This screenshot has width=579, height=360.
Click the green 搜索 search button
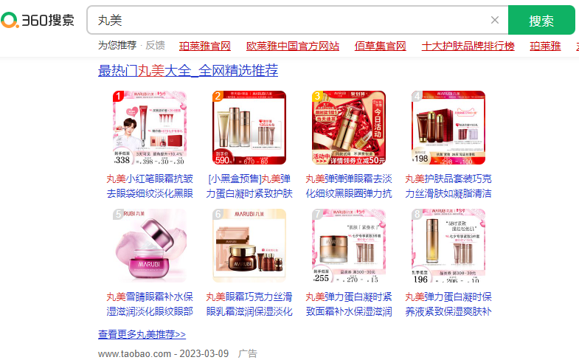(x=541, y=20)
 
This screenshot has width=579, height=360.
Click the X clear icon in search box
(x=495, y=20)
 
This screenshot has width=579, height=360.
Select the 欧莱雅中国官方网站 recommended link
(x=293, y=46)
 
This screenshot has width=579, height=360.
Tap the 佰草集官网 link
(x=380, y=46)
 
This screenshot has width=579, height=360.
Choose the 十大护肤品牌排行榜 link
(x=468, y=46)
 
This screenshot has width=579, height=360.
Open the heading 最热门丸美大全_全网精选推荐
(x=188, y=71)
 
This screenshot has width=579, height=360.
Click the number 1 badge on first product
(x=118, y=97)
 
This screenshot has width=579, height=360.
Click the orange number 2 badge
(x=218, y=97)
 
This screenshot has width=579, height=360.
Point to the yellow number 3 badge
(x=317, y=97)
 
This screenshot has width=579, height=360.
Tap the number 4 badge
(x=417, y=97)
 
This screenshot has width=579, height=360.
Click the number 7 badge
(x=317, y=215)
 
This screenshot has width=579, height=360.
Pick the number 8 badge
(x=417, y=215)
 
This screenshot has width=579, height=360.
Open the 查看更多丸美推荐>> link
(x=142, y=334)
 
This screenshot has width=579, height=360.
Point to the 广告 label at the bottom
(x=248, y=353)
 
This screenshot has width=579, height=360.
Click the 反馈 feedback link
(x=155, y=46)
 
